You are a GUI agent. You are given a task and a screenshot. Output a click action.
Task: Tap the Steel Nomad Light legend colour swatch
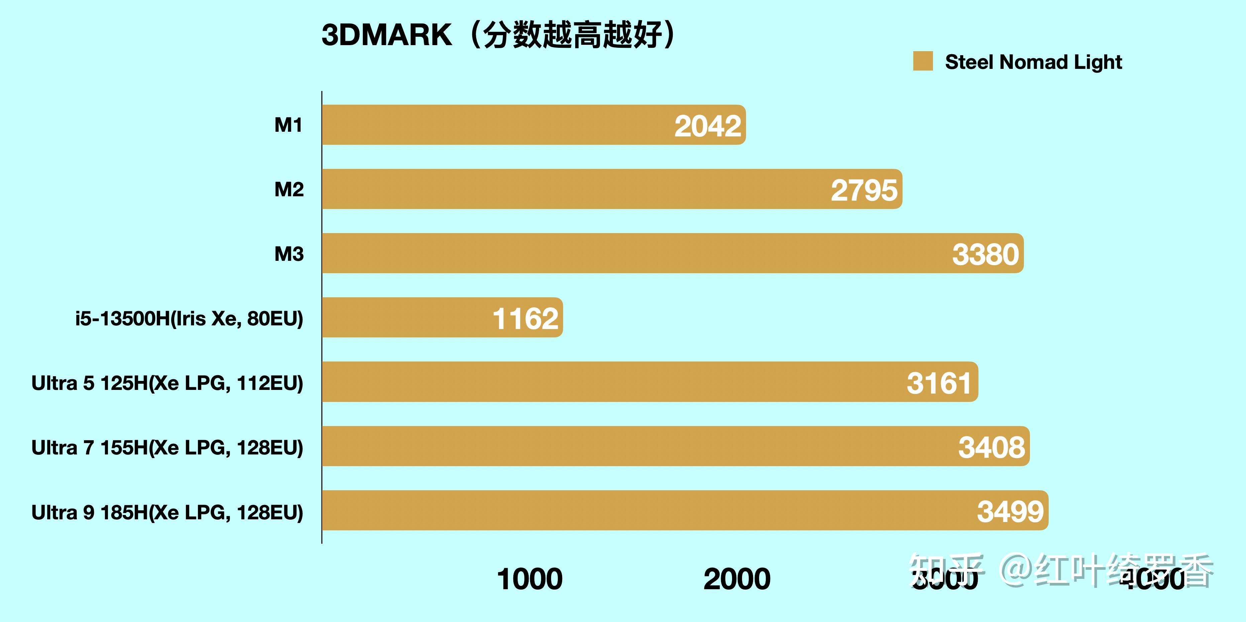pyautogui.click(x=922, y=62)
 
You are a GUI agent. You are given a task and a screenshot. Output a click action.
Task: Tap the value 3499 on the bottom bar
pyautogui.click(x=1010, y=512)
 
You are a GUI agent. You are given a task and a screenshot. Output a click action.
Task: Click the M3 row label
pyautogui.click(x=289, y=254)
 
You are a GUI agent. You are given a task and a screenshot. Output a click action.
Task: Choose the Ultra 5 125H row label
pyautogui.click(x=167, y=383)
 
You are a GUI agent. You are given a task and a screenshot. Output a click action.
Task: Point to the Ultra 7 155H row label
pyautogui.click(x=167, y=447)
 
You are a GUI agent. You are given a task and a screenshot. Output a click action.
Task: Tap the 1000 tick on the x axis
pyautogui.click(x=530, y=579)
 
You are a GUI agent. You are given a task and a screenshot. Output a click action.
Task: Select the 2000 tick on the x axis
pyautogui.click(x=737, y=579)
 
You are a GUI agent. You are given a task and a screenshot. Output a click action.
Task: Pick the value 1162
pyautogui.click(x=525, y=319)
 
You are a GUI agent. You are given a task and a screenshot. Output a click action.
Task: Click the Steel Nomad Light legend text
pyautogui.click(x=1033, y=62)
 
